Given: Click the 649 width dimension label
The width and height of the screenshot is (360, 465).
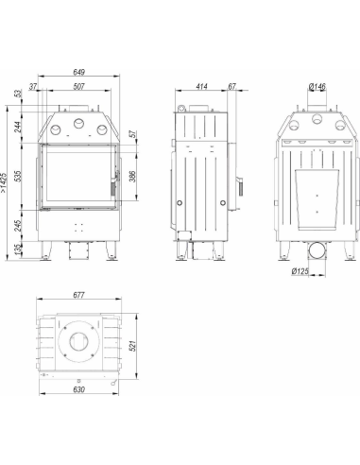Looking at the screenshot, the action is coord(79,72).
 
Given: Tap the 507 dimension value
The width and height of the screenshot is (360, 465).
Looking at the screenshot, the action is coord(78,86).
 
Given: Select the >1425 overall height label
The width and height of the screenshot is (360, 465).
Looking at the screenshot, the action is coord(4,182).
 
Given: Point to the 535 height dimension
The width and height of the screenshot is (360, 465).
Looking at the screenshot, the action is coord(18,176).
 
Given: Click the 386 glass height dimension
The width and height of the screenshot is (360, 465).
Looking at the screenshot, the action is coord(132,176).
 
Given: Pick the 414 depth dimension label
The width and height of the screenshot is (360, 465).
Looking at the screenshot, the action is coord(201,86).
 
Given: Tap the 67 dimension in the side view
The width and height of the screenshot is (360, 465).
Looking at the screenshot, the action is coord(232,86).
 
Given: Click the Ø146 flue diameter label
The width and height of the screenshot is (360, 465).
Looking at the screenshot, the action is coord(317,86).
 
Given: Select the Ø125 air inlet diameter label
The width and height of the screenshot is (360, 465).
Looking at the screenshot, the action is coord(300,271).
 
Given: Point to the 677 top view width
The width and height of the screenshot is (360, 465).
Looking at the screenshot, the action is coord(78,295).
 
